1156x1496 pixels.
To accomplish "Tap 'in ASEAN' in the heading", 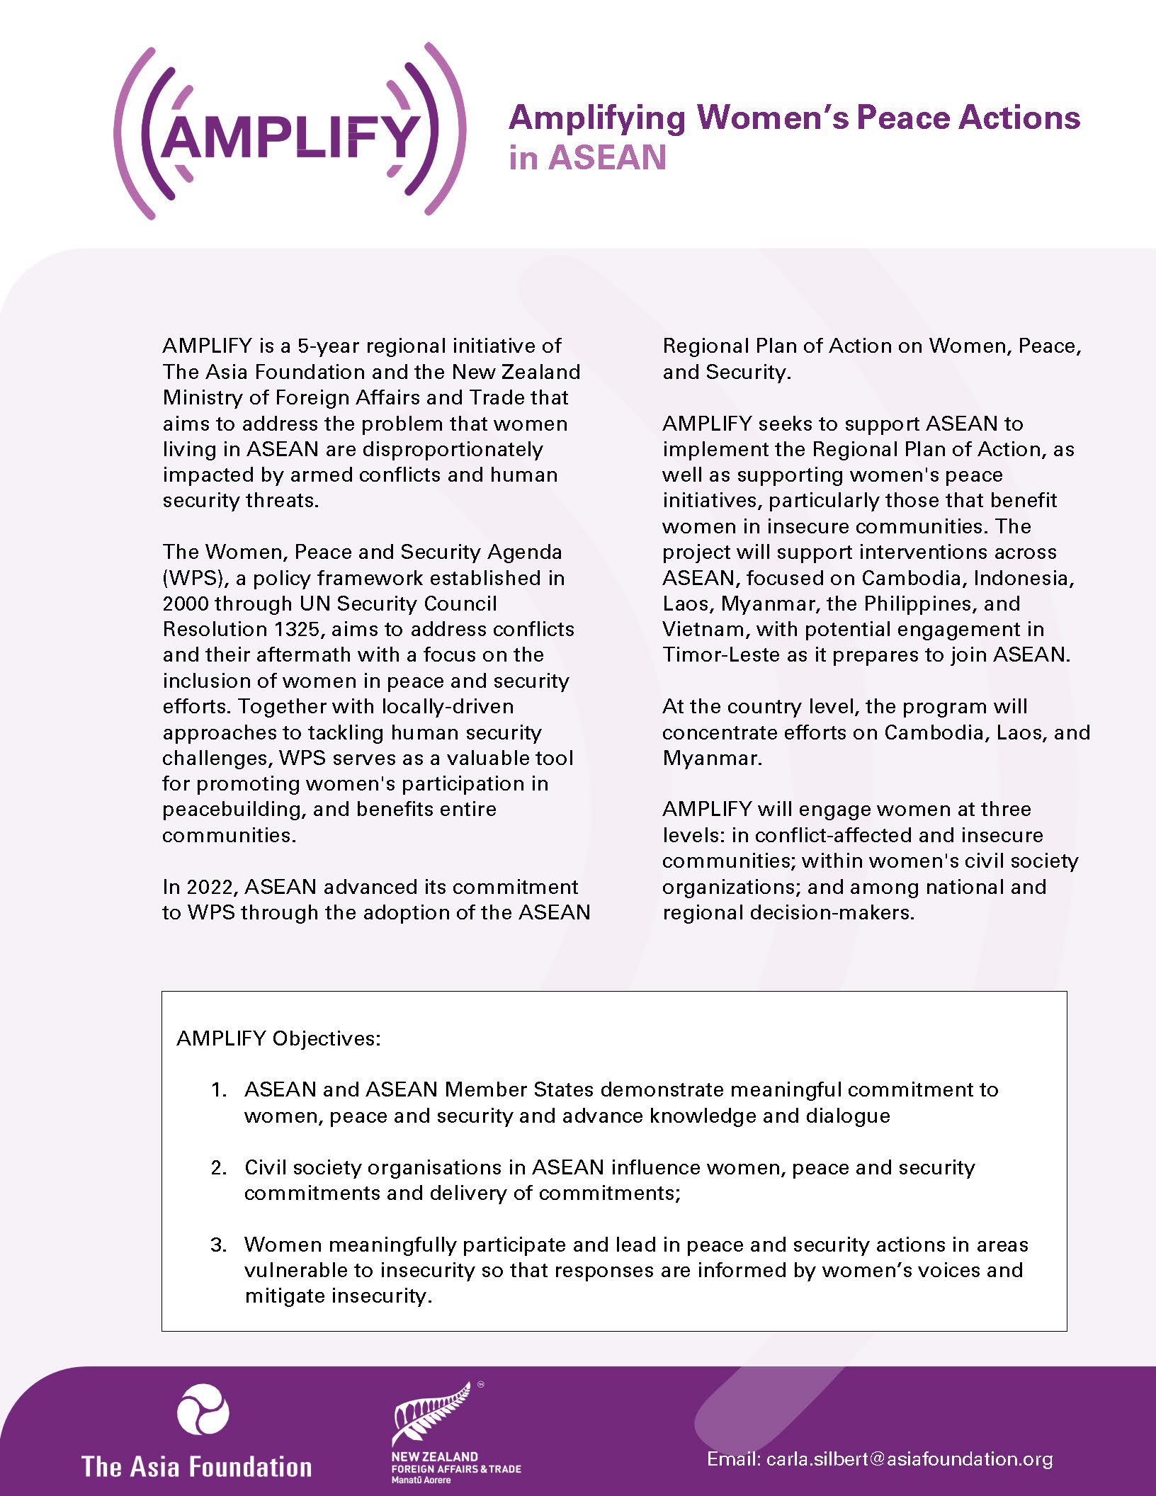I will click(587, 158).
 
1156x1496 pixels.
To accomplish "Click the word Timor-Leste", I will click(721, 654).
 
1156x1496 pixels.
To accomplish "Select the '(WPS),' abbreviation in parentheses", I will click(195, 578).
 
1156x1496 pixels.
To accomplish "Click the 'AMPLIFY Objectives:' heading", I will click(278, 1038).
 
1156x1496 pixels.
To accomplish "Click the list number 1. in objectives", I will click(219, 1089).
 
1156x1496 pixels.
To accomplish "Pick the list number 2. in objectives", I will click(219, 1167).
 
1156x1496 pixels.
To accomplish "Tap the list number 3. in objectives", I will click(219, 1245).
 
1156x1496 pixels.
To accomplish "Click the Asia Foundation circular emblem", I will click(203, 1409).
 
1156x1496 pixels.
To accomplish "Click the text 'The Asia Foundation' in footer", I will click(197, 1466).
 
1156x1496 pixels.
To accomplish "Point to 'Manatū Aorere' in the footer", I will click(421, 1480).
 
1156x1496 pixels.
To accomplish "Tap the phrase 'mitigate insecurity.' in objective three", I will click(338, 1296).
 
